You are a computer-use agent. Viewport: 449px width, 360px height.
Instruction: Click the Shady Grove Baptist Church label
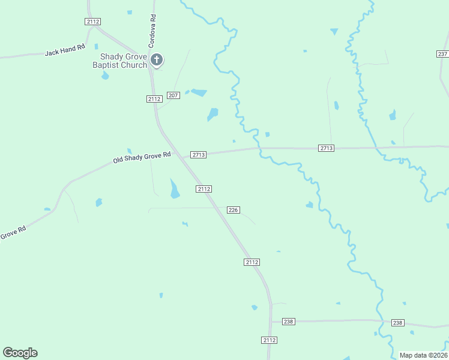119,61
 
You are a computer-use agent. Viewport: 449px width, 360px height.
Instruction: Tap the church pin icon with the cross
157,59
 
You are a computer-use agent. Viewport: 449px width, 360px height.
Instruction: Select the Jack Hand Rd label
65,50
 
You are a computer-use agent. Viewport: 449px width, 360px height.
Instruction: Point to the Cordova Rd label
153,32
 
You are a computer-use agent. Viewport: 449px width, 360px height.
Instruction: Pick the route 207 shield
173,95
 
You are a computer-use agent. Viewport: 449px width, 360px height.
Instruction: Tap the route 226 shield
234,210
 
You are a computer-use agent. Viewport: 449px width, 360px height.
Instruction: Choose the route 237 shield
442,54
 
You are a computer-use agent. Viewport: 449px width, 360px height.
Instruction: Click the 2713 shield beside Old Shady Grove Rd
199,155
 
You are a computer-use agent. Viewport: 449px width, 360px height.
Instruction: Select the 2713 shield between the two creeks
326,148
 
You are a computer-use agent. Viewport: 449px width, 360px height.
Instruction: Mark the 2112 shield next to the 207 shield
154,99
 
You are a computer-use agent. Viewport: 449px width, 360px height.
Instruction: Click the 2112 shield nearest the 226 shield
203,189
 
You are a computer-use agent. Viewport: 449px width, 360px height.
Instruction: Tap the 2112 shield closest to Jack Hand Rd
92,21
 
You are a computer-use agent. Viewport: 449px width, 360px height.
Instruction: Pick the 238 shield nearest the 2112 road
289,322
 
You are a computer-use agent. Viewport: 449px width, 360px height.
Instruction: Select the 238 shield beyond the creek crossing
397,323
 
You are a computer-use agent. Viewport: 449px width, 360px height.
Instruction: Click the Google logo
20,353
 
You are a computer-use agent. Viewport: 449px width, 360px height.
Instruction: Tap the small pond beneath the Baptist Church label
106,76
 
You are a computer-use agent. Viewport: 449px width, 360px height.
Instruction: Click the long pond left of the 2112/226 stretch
174,189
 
